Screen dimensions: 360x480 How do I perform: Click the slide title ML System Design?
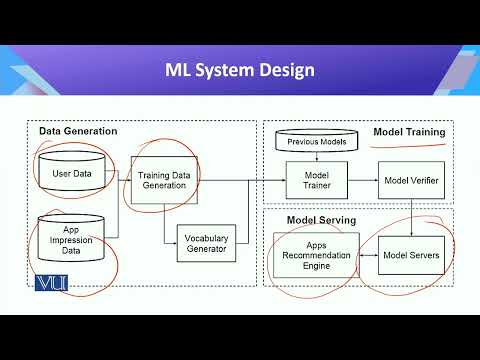[240, 70]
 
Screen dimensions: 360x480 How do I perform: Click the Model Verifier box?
[411, 180]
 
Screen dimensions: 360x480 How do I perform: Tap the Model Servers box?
[411, 255]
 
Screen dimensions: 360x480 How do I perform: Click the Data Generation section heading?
[78, 131]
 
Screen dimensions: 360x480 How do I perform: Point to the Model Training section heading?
[409, 131]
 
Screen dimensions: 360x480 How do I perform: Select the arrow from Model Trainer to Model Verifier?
[361, 180]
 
